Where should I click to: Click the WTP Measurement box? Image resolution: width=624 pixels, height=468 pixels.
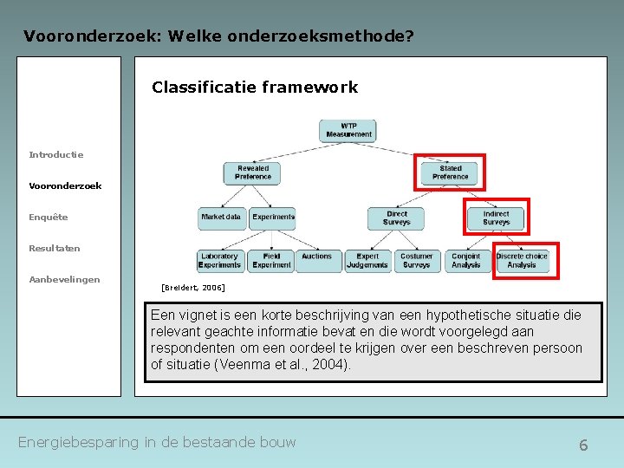348,131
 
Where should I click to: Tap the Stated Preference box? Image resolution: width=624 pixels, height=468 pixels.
450,172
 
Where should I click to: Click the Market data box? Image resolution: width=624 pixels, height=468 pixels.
221,218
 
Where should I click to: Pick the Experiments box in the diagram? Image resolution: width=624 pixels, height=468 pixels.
273,218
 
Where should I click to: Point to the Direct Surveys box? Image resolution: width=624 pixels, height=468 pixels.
397,218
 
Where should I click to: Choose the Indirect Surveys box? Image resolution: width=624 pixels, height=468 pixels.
497,218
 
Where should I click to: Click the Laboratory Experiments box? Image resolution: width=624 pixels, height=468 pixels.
219,260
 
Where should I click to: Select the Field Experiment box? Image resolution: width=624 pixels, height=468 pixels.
271,260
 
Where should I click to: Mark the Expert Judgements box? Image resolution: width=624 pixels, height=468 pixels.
367,260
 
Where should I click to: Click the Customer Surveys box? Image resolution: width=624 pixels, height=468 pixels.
416,260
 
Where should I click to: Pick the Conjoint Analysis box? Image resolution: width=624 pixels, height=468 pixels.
465,260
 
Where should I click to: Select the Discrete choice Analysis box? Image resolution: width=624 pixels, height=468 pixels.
522,260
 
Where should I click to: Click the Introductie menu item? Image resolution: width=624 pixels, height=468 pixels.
56,154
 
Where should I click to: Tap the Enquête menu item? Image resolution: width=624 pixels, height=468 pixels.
49,217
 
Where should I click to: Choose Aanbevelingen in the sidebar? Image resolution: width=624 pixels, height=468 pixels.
64,279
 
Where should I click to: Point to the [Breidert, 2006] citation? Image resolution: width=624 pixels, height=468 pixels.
193,287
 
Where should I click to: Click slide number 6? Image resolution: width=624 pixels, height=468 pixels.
583,445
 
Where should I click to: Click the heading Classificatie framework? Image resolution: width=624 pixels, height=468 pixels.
255,87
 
